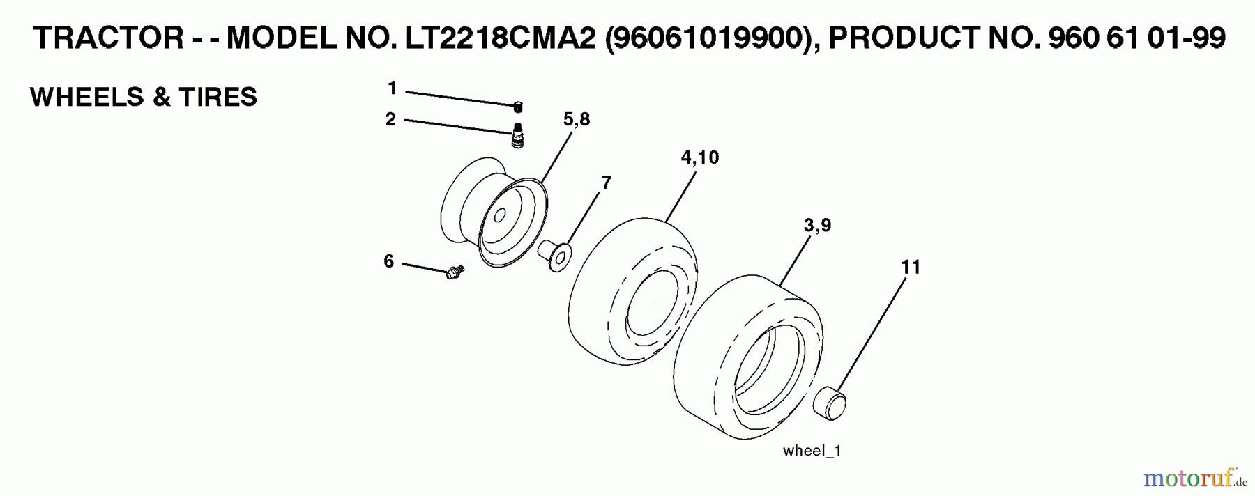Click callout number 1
392,88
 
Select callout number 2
390,119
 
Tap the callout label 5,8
577,119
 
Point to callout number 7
606,183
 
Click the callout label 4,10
699,157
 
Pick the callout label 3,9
817,225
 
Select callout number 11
911,267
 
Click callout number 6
388,261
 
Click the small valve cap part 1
518,107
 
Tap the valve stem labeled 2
517,135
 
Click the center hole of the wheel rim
500,217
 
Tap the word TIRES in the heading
218,97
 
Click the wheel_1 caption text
812,451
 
